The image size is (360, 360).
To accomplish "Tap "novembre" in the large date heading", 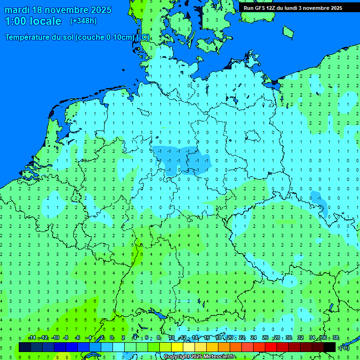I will click(x=66, y=10).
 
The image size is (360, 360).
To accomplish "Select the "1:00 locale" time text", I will click(x=33, y=21).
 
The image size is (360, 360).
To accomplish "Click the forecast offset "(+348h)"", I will click(x=83, y=21).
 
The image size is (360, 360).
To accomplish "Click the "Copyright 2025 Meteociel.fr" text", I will click(x=199, y=357).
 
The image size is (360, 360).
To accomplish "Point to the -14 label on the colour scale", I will click(x=32, y=338).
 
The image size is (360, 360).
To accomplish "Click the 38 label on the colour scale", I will click(x=336, y=338).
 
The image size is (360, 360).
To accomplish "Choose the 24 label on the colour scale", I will click(x=254, y=338).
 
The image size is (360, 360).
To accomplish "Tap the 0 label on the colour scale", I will click(x=112, y=338).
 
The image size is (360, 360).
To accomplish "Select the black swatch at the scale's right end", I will click(x=330, y=347).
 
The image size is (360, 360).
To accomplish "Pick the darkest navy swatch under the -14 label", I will click(x=25, y=347).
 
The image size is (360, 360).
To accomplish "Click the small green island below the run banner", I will click(x=288, y=32).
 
